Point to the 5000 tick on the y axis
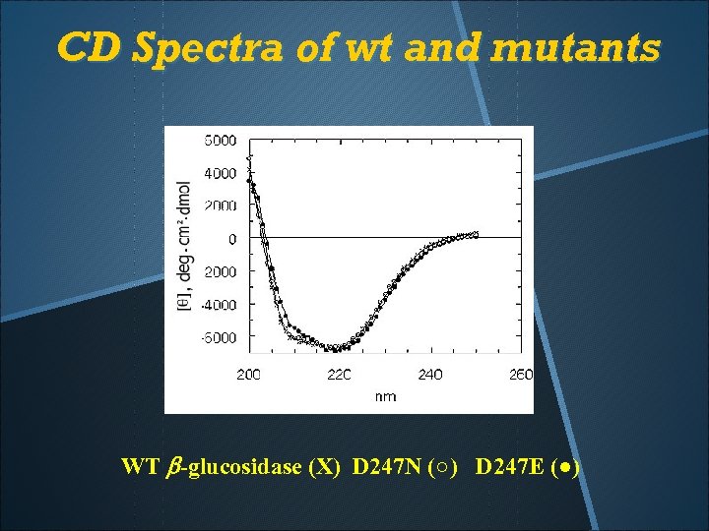click(221, 140)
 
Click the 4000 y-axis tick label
click(221, 173)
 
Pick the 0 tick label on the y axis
click(232, 239)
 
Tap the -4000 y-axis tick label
click(219, 305)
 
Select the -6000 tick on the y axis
click(219, 337)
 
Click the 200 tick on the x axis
click(249, 375)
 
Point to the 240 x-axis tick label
click(430, 375)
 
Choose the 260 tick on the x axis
click(520, 375)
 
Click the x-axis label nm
click(385, 397)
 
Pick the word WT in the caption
click(138, 466)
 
